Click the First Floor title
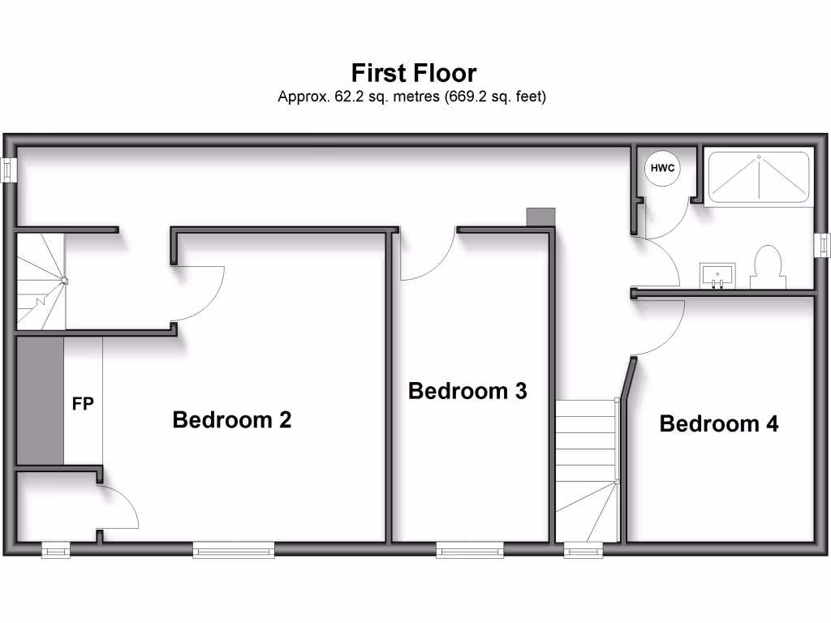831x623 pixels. click(413, 74)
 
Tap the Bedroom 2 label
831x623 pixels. click(232, 420)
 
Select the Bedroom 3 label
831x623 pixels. click(467, 391)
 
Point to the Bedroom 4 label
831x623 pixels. click(719, 423)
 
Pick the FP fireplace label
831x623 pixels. click(83, 403)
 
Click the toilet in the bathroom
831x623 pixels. click(767, 268)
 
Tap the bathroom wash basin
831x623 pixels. click(717, 274)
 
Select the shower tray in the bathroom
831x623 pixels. click(759, 177)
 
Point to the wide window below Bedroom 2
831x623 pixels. click(234, 551)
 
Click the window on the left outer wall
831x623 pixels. click(9, 170)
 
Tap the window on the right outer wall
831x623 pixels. click(823, 244)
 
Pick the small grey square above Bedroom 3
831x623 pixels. click(540, 217)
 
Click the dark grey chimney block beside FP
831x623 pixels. click(40, 401)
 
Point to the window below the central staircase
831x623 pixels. click(584, 551)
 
